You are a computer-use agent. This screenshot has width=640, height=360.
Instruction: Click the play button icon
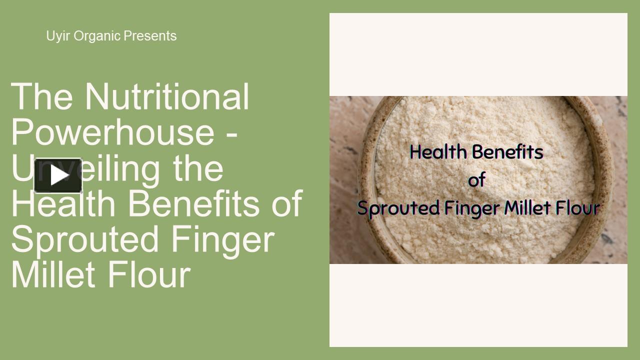58,175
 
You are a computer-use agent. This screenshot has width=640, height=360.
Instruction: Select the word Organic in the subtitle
97,36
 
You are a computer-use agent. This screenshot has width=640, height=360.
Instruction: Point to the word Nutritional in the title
166,96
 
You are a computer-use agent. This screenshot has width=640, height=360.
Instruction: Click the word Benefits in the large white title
192,204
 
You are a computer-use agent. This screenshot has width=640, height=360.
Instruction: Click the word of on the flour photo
476,180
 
